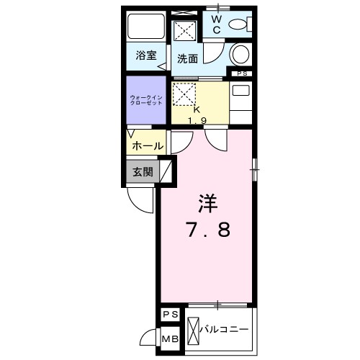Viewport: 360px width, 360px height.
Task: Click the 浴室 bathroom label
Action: (x=146, y=55)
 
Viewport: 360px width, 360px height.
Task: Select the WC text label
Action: (x=217, y=23)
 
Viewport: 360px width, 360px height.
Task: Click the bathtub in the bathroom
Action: (x=146, y=27)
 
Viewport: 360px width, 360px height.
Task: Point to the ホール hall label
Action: (x=147, y=145)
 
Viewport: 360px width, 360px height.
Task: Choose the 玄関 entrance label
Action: (x=142, y=172)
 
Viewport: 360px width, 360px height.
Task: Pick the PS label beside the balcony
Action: (x=171, y=315)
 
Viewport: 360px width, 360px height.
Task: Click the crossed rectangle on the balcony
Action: (x=195, y=330)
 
